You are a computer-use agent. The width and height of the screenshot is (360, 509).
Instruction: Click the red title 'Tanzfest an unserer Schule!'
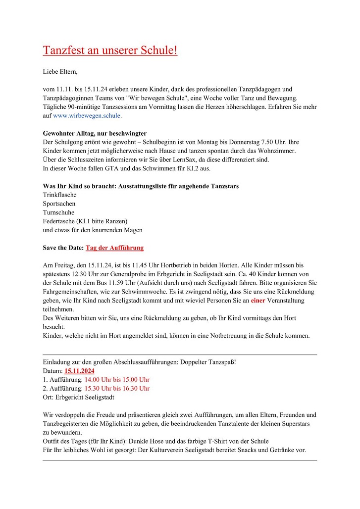pos(110,51)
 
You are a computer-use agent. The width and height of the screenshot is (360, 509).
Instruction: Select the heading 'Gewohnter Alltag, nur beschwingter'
pos(95,134)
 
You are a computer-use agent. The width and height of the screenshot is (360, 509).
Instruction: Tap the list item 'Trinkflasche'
pos(59,195)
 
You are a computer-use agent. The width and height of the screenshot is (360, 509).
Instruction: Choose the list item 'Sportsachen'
pos(59,204)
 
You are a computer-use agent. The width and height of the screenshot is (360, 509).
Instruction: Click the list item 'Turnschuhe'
pos(58,213)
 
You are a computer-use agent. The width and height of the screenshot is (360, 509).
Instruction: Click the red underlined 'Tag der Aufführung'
pos(114,248)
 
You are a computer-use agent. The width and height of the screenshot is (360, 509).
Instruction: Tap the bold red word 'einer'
pos(258,301)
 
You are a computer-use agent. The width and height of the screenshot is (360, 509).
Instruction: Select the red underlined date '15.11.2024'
pos(79,371)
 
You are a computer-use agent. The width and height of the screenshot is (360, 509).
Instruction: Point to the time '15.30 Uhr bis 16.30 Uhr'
pos(117,389)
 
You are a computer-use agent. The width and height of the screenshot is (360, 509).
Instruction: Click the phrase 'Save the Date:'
pos(63,248)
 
